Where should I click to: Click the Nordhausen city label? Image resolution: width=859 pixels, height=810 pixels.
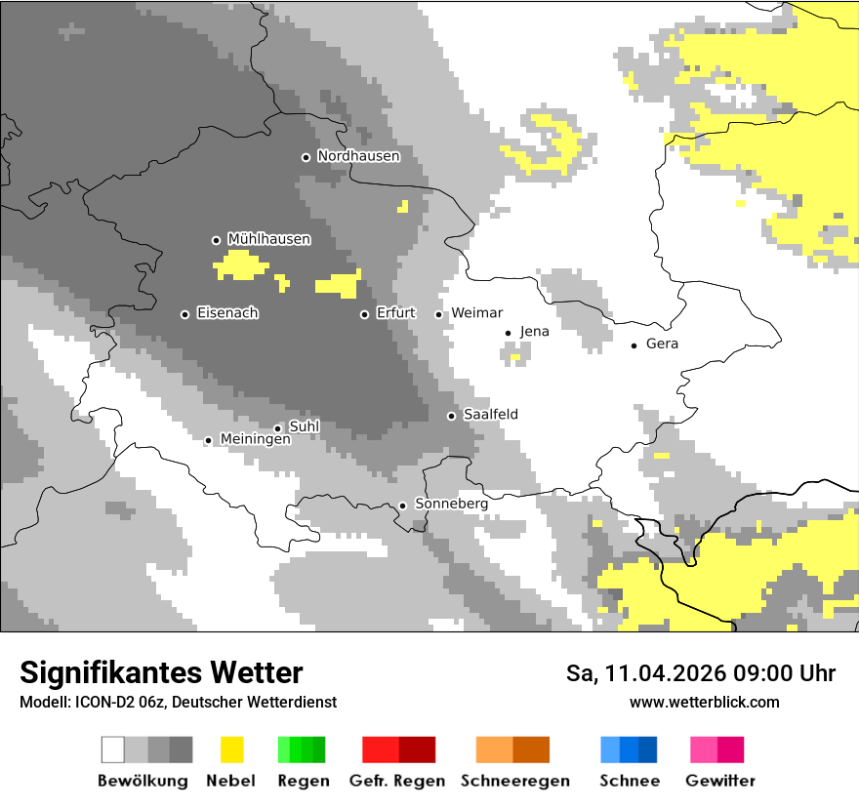point(358,156)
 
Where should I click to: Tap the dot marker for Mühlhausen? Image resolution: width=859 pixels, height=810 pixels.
point(216,240)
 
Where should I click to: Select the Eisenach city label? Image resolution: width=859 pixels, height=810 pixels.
point(227,313)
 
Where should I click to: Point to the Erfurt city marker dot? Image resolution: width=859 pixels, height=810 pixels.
point(364,314)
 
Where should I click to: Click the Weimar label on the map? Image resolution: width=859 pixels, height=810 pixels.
point(476,313)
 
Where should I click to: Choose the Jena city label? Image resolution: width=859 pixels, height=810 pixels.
point(534,332)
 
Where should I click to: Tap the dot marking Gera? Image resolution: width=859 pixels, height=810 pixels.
point(634,344)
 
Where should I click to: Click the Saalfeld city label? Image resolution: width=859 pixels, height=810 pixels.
point(490,415)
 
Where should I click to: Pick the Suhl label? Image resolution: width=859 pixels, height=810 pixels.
point(305,426)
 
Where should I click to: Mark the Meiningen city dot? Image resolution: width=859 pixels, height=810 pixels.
point(208,441)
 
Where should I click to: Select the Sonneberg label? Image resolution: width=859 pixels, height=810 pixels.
point(451,504)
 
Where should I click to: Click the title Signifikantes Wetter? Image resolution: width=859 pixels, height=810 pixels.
point(161,673)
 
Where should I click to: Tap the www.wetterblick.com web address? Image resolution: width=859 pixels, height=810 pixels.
point(704,703)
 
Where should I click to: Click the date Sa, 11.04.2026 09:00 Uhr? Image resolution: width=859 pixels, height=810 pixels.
point(700,674)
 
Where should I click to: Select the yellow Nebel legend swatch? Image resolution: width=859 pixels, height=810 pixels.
point(231,749)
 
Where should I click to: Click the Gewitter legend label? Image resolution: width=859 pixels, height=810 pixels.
point(719,781)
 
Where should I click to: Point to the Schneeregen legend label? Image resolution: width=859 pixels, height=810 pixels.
point(514,781)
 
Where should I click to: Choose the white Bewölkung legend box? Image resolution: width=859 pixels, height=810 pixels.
point(113,749)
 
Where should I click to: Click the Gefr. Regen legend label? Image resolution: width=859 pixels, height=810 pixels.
point(396,781)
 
